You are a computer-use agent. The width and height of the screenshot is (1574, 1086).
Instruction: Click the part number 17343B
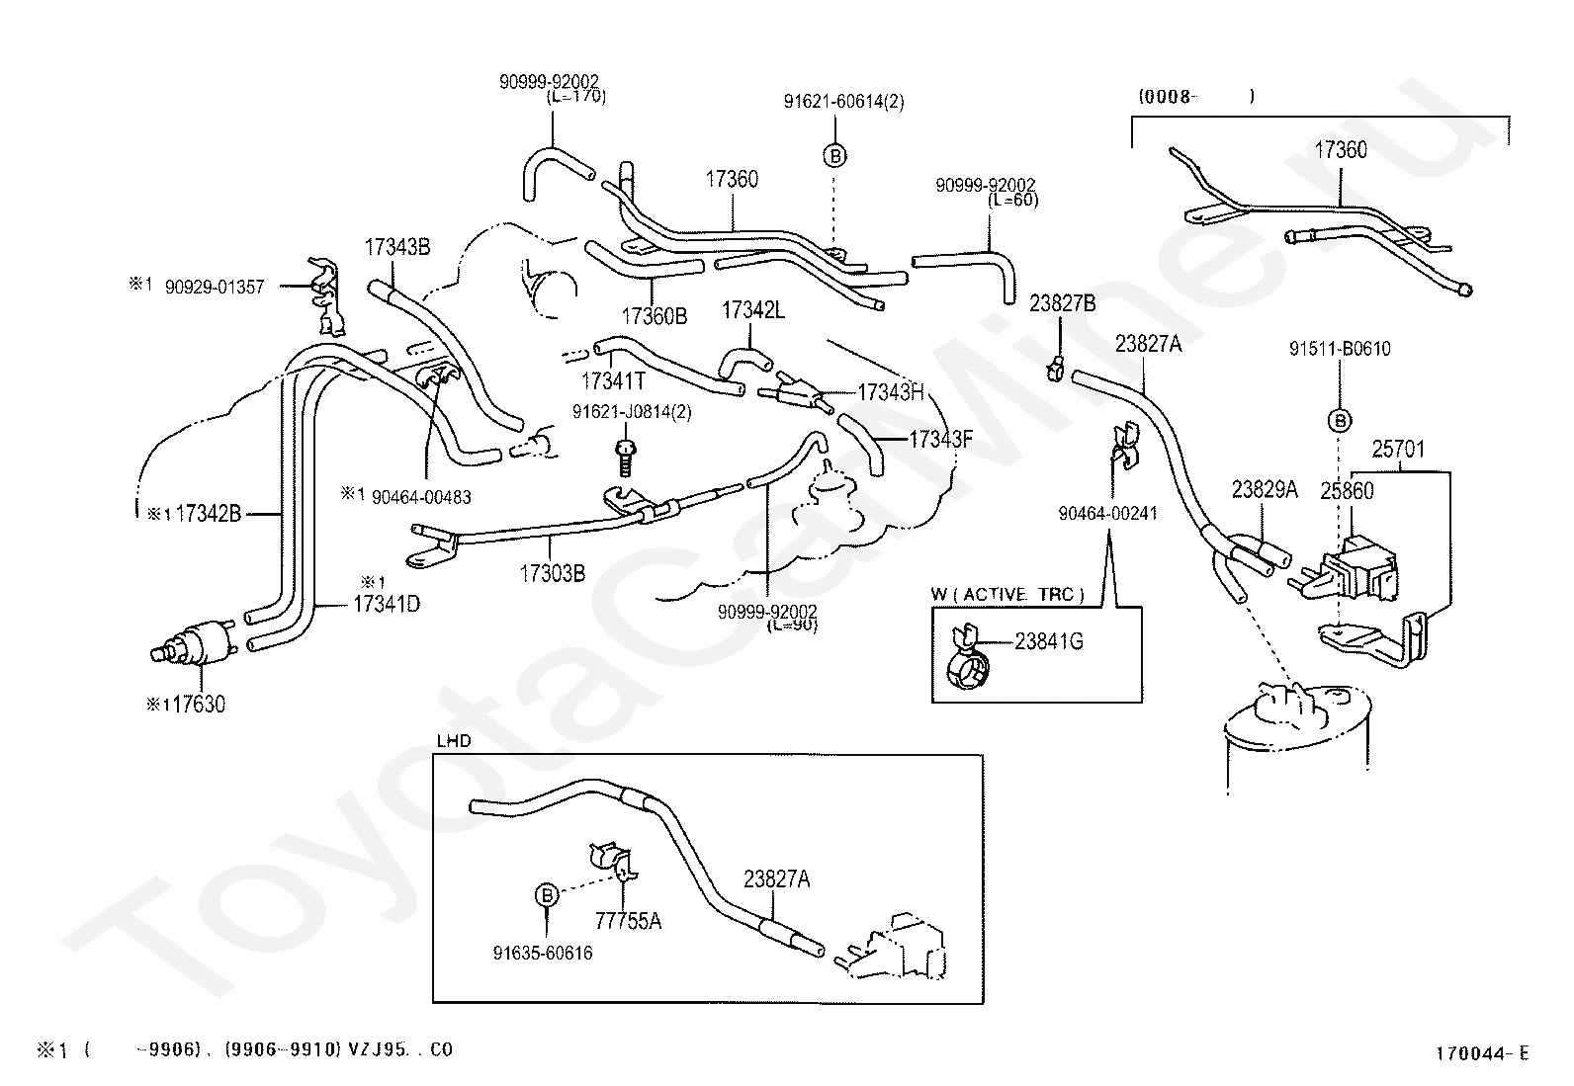point(397,247)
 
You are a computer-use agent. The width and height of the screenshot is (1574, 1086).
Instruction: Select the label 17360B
point(654,316)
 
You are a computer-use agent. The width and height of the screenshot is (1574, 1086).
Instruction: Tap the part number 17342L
point(753,310)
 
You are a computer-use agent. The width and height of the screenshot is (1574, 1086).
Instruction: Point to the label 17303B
point(552,572)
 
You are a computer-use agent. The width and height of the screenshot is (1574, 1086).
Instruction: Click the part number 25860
point(1347,490)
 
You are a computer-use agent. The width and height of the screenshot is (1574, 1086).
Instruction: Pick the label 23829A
point(1265,489)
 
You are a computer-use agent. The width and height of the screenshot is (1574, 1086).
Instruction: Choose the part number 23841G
point(1049,641)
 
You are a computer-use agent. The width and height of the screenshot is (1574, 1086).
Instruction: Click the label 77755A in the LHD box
point(628,921)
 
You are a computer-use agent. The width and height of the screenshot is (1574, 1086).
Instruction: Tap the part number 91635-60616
point(543,954)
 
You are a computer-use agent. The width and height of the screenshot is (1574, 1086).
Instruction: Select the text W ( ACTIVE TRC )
point(1007,594)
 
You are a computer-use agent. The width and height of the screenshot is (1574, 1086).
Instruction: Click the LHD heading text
point(454,740)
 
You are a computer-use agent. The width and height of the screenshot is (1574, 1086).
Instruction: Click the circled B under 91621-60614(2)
point(835,156)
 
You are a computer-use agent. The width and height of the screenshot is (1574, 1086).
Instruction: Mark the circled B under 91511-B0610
point(1340,421)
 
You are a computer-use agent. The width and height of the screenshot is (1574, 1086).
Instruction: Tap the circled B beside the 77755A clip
point(547,895)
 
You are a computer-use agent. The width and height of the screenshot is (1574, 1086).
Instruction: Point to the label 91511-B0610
point(1340,349)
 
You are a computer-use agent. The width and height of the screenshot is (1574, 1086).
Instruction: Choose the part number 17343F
point(941,440)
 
